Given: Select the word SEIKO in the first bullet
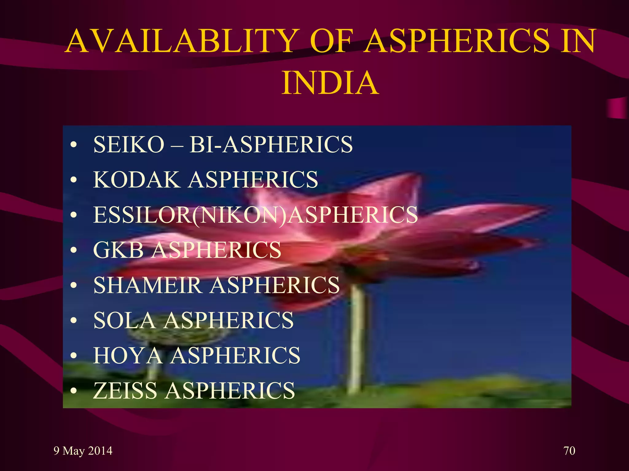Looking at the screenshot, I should click(129, 144).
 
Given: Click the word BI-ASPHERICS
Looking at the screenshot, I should click(271, 144).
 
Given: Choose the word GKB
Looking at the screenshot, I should click(118, 250).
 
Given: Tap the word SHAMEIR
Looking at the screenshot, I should click(147, 285).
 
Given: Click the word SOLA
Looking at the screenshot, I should click(124, 320).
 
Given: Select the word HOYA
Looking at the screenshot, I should click(128, 356).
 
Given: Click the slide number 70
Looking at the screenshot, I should click(569, 451).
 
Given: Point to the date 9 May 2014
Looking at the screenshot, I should click(83, 451).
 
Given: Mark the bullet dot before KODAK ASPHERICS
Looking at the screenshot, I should click(73, 180).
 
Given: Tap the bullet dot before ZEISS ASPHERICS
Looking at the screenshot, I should click(73, 391).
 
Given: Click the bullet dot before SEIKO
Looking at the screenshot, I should click(73, 145).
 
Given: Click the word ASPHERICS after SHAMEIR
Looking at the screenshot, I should click(275, 285).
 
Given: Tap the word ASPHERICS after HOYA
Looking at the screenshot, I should click(235, 356).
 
